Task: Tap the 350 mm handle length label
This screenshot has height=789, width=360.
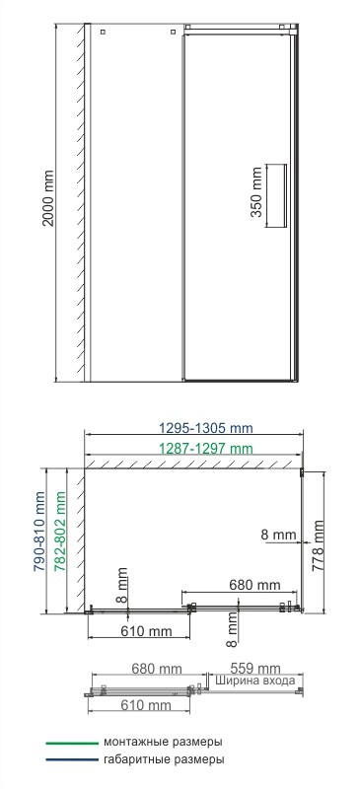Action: pos(256,197)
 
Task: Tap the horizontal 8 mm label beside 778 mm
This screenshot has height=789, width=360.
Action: pos(279,534)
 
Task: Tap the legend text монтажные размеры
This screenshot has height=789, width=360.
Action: pos(162,742)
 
